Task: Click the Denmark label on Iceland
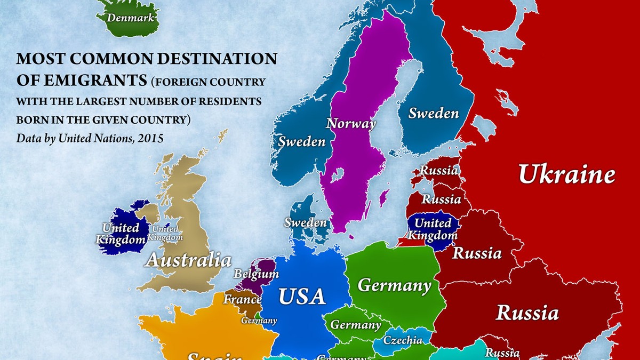click(x=131, y=18)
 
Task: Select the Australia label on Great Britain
click(x=188, y=261)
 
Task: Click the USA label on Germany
click(x=302, y=297)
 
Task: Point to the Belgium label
click(x=256, y=274)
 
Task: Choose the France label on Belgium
click(x=242, y=299)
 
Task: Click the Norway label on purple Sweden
click(x=351, y=124)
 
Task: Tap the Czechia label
click(x=403, y=340)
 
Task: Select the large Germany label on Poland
click(x=394, y=286)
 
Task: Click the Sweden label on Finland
click(x=433, y=113)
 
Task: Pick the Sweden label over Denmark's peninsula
click(x=305, y=222)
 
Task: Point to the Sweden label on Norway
click(x=301, y=142)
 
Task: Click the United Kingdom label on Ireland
click(x=121, y=234)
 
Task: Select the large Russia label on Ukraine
click(x=527, y=313)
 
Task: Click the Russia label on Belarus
click(x=477, y=253)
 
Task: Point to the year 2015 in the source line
click(x=150, y=138)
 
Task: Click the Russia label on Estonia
click(x=438, y=171)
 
